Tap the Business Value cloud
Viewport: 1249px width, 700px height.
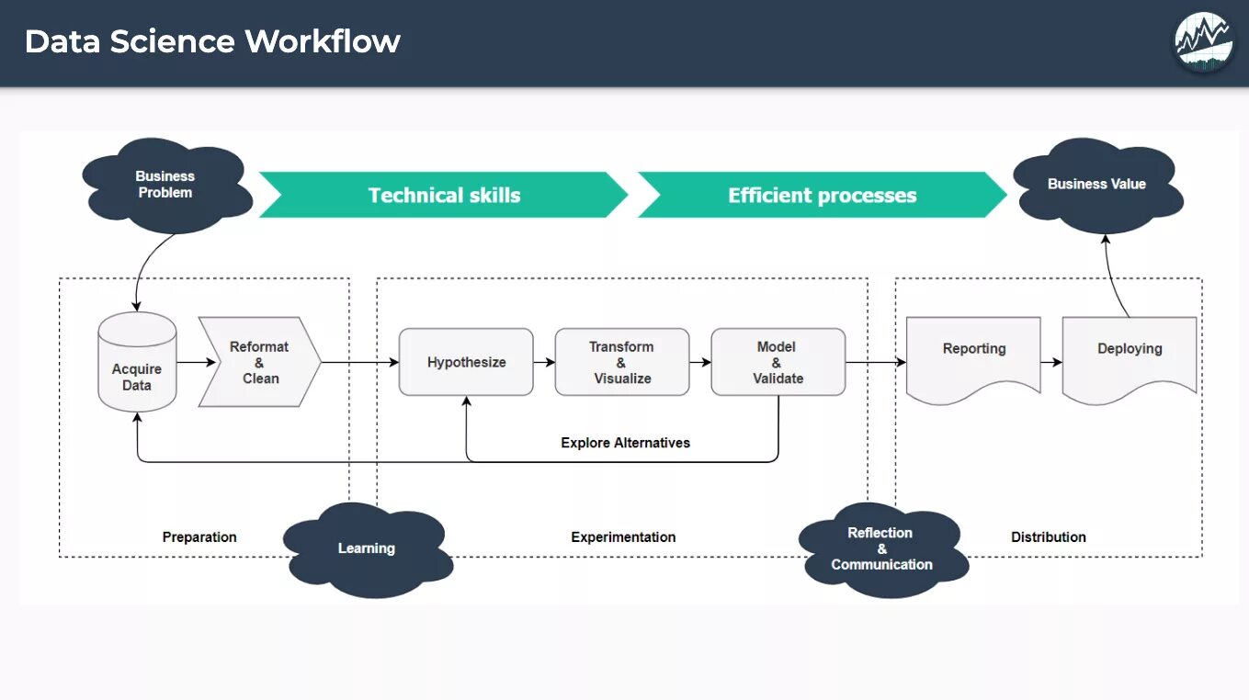point(1098,186)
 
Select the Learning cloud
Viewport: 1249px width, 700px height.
point(368,550)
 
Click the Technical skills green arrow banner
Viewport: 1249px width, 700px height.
point(444,195)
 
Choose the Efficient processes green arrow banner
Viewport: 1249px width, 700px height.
point(823,195)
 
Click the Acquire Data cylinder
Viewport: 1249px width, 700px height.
point(137,362)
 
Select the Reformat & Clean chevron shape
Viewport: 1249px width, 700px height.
point(260,362)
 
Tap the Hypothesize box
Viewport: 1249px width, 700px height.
point(466,362)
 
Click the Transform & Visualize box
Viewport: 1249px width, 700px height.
point(622,362)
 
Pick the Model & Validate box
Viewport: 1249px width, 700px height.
point(778,362)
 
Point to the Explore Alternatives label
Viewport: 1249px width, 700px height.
point(625,443)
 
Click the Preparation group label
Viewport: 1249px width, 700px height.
point(199,537)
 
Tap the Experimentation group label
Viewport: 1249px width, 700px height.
point(623,537)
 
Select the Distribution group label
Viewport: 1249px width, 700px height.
point(1049,537)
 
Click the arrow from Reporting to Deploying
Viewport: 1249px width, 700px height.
point(1051,362)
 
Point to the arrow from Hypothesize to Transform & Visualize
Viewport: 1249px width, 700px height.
point(544,362)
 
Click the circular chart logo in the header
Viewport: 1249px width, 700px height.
point(1203,42)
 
